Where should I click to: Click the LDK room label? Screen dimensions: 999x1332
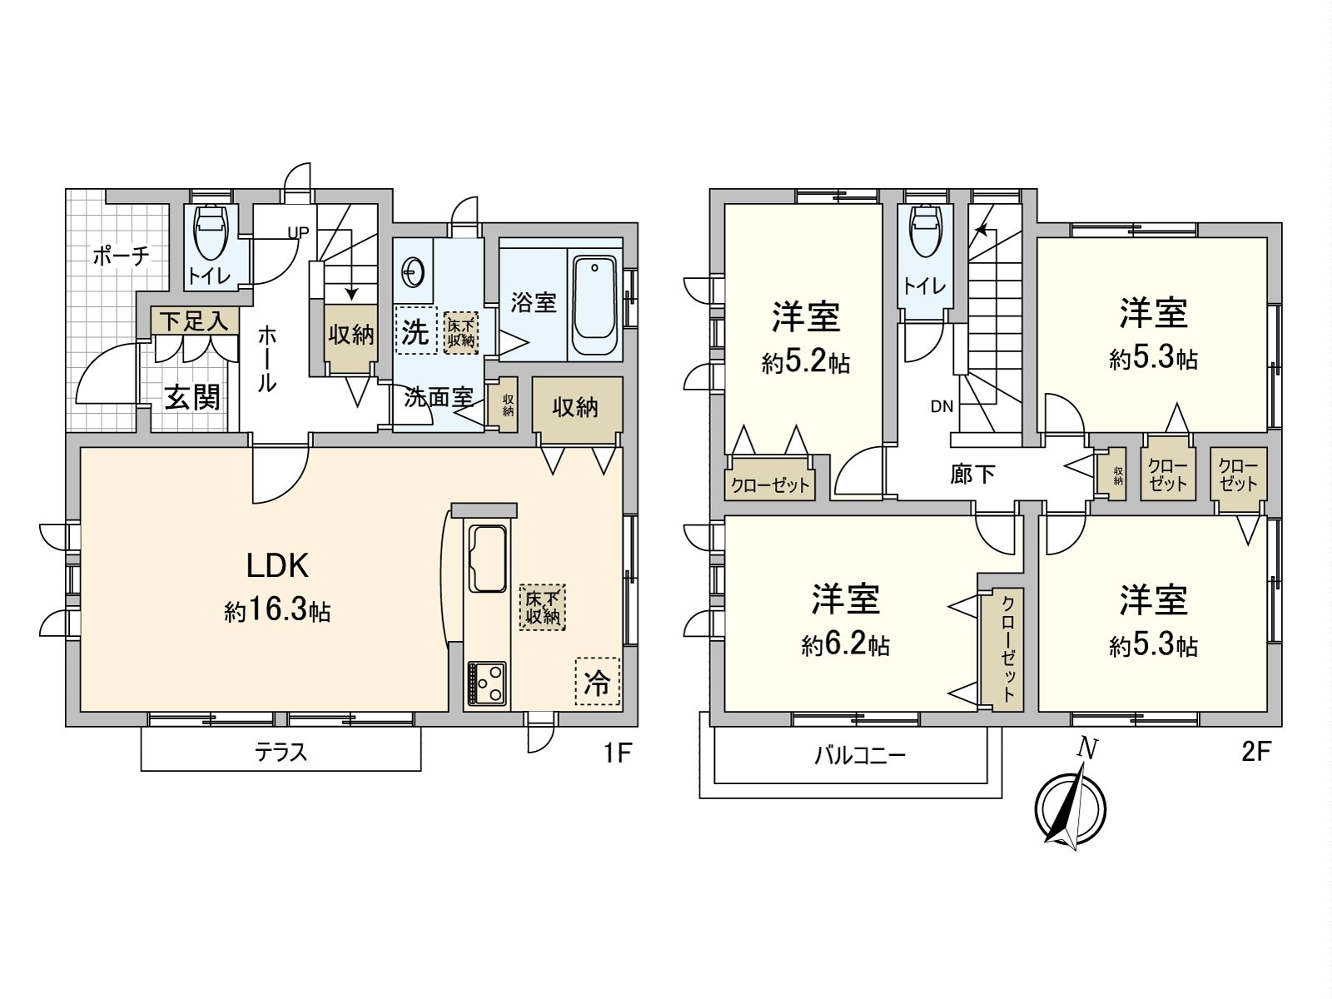pos(277,566)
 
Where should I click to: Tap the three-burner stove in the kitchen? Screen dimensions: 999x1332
pos(486,683)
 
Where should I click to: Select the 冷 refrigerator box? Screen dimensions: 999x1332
pos(597,682)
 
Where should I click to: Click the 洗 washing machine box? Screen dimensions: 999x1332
pos(415,331)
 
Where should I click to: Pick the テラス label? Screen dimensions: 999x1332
pos(281,753)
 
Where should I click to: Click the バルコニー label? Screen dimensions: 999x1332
pos(859,756)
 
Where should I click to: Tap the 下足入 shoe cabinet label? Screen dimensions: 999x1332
pos(195,321)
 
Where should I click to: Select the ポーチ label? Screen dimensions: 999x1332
pos(122,256)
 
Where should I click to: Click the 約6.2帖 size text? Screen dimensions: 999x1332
pos(845,645)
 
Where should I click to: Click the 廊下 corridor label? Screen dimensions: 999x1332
pos(972,474)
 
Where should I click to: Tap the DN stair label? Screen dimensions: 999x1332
pos(942,407)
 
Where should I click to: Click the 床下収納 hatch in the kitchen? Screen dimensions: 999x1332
pos(542,607)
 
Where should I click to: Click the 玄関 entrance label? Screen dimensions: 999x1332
pos(192,398)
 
